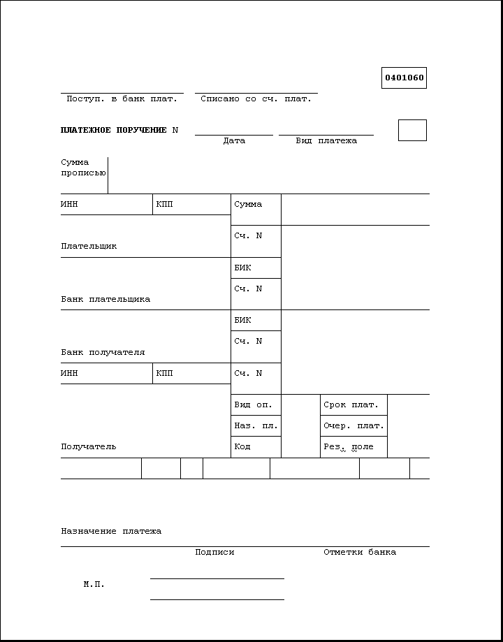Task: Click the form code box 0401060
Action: pyautogui.click(x=404, y=78)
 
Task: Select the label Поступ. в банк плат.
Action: pyautogui.click(x=122, y=99)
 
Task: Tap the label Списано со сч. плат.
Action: pyautogui.click(x=256, y=99)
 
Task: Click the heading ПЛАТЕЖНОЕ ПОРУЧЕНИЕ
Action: pyautogui.click(x=114, y=130)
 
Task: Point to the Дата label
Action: pyautogui.click(x=234, y=140)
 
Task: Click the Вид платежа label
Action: pyautogui.click(x=326, y=140)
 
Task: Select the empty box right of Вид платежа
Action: pyautogui.click(x=412, y=130)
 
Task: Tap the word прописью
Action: pyautogui.click(x=83, y=173)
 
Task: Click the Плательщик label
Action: pyautogui.click(x=89, y=246)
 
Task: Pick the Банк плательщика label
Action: pyautogui.click(x=105, y=299)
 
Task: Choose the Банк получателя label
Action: pyautogui.click(x=103, y=352)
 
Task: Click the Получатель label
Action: pyautogui.click(x=89, y=446)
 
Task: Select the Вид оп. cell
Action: pyautogui.click(x=256, y=405)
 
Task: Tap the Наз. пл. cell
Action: pyautogui.click(x=256, y=426)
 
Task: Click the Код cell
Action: pyautogui.click(x=256, y=447)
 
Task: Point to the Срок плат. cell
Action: pyautogui.click(x=353, y=405)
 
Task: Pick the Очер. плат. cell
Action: pyautogui.click(x=353, y=426)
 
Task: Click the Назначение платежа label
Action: pyautogui.click(x=111, y=531)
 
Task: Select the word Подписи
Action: pyautogui.click(x=214, y=552)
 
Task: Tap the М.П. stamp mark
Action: pyautogui.click(x=94, y=584)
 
